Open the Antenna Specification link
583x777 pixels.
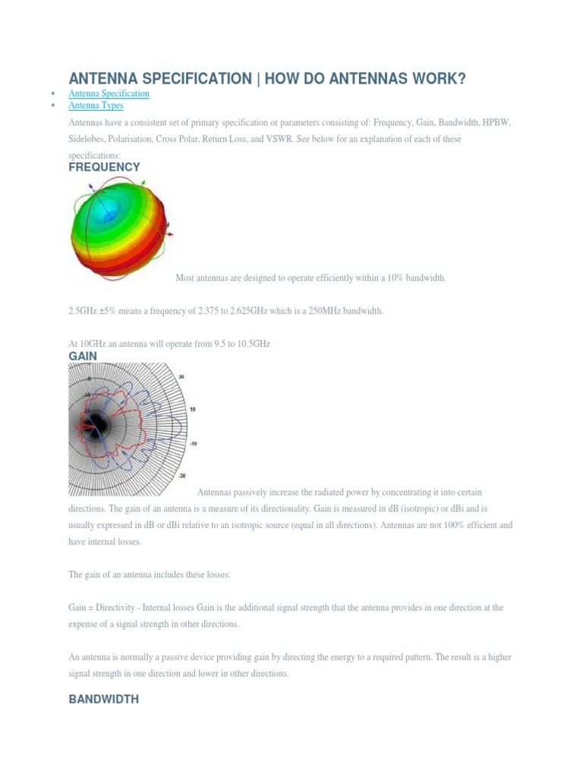click(109, 93)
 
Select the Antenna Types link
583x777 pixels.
click(96, 105)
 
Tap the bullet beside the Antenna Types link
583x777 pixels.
click(52, 105)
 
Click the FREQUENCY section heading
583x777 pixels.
click(104, 167)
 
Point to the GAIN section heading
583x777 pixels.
click(83, 356)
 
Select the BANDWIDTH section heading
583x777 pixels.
click(103, 700)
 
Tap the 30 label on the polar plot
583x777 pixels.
click(181, 376)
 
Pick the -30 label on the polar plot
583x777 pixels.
click(181, 476)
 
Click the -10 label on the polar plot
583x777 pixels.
click(193, 443)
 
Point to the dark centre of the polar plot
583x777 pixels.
click(96, 423)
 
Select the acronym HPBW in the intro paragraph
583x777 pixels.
click(496, 122)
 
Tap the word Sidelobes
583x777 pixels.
click(88, 140)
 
